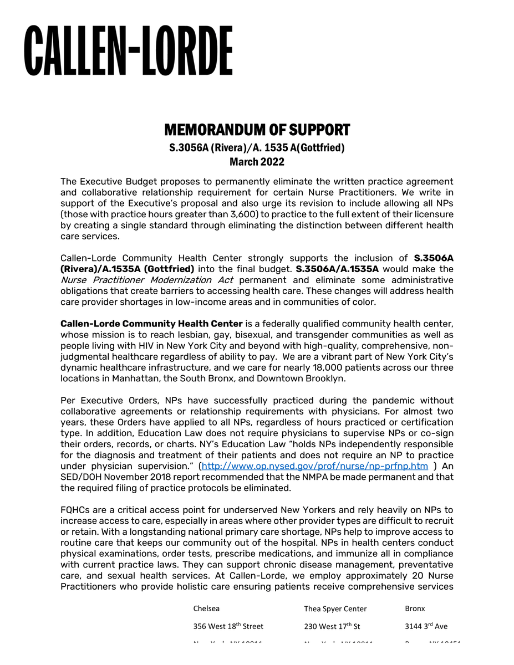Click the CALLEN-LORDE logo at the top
tap(128, 50)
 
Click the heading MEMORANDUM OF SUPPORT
tap(257, 130)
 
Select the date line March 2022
tap(257, 162)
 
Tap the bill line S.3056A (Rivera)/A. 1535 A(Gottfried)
tap(257, 148)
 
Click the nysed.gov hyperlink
tap(314, 466)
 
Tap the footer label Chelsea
tap(206, 608)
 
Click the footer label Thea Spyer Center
tap(335, 608)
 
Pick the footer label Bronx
tap(415, 608)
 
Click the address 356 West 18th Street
tap(228, 626)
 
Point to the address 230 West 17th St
tap(332, 626)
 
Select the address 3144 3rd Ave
tap(426, 626)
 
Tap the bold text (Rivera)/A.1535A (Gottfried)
tap(127, 269)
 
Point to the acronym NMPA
tap(318, 477)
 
